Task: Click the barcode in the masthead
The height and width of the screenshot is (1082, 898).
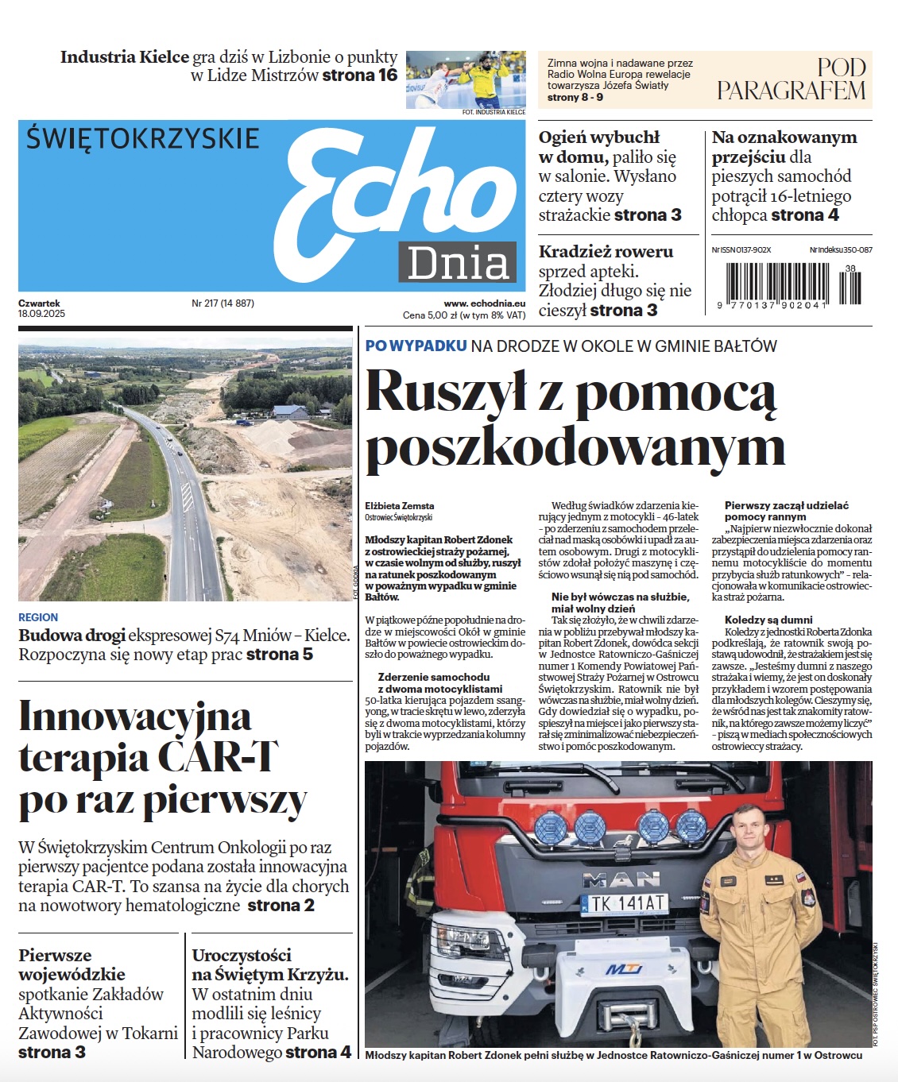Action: [x=792, y=283]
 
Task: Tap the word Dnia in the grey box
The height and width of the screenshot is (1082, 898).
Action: [x=458, y=263]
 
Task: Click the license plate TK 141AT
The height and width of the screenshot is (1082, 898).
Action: [x=625, y=903]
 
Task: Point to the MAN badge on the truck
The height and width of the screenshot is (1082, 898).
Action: [x=621, y=879]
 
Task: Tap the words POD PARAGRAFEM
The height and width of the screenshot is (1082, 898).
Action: [x=791, y=79]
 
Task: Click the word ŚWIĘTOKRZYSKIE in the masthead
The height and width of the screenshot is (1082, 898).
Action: [x=143, y=138]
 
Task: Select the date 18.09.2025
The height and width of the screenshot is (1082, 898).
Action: [x=42, y=314]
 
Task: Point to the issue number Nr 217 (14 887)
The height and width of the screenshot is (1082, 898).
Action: [x=223, y=303]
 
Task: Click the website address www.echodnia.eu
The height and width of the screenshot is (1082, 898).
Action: [x=484, y=303]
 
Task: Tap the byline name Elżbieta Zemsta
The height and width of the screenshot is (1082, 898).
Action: [x=400, y=505]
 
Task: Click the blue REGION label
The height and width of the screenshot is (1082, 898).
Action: [x=38, y=617]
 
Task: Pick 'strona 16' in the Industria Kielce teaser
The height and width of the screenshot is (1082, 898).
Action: [x=360, y=75]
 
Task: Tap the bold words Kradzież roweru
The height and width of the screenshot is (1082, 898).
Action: [x=606, y=252]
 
